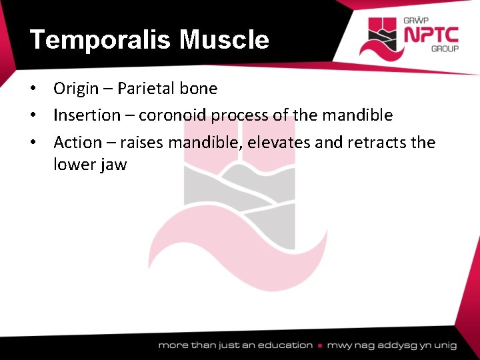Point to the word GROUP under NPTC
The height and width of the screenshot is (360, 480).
click(x=443, y=49)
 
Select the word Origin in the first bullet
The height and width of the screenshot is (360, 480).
click(x=76, y=89)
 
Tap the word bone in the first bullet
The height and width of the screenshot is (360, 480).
click(x=199, y=88)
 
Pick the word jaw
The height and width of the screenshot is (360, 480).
click(x=112, y=165)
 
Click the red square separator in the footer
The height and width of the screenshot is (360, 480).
click(x=321, y=345)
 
